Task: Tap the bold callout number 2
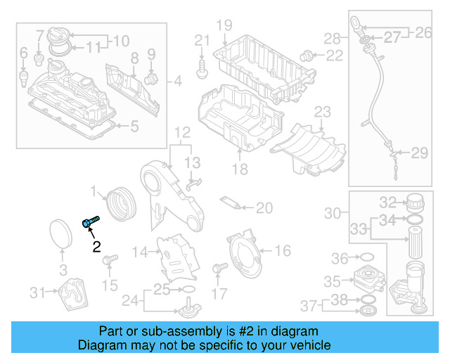pyautogui.click(x=96, y=246)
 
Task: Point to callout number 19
pyautogui.click(x=223, y=26)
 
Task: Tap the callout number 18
pyautogui.click(x=240, y=169)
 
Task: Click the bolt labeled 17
pyautogui.click(x=217, y=268)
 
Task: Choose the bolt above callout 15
pyautogui.click(x=109, y=262)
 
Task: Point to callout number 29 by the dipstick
pyautogui.click(x=419, y=153)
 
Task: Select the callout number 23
pyautogui.click(x=321, y=112)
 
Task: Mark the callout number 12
pyautogui.click(x=182, y=132)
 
